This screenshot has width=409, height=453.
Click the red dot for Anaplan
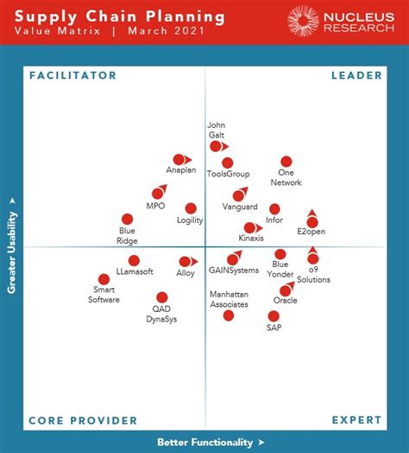click(179, 159)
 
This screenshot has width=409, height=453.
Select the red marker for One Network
click(286, 161)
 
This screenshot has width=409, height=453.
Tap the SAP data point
click(274, 316)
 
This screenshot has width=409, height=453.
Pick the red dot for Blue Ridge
click(128, 220)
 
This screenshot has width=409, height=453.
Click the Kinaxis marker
click(249, 228)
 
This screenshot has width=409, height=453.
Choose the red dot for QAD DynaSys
click(162, 297)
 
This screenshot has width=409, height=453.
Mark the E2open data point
click(312, 222)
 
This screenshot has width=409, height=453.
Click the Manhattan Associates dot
click(229, 316)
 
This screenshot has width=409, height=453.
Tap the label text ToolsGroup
click(228, 175)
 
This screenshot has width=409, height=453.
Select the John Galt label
click(217, 129)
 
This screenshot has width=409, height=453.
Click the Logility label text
click(190, 220)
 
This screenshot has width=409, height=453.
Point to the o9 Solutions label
click(313, 275)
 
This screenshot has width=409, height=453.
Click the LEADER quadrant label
click(356, 76)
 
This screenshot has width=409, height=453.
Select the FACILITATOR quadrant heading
click(72, 76)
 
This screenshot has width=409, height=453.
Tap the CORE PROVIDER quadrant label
click(83, 421)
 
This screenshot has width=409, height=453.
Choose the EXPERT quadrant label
click(357, 421)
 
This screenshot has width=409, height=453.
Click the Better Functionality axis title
click(204, 442)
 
